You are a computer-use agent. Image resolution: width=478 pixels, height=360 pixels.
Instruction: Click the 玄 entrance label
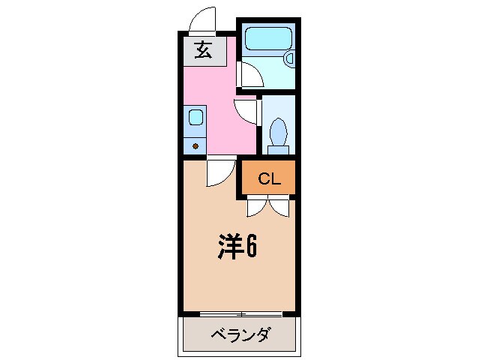202,51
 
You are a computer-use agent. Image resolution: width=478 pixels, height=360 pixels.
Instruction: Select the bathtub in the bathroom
267,37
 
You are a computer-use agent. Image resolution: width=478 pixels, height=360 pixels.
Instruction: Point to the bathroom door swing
249,75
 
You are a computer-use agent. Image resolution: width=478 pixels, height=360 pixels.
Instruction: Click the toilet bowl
278,135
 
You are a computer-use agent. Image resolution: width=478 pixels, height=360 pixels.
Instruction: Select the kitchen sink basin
195,117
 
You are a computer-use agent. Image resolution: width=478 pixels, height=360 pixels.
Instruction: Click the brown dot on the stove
196,145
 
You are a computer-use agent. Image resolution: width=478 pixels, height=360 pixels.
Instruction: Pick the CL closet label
268,179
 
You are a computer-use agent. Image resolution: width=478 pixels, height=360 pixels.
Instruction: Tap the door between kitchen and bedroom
220,173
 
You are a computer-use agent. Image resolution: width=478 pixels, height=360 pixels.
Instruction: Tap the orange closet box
267,179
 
